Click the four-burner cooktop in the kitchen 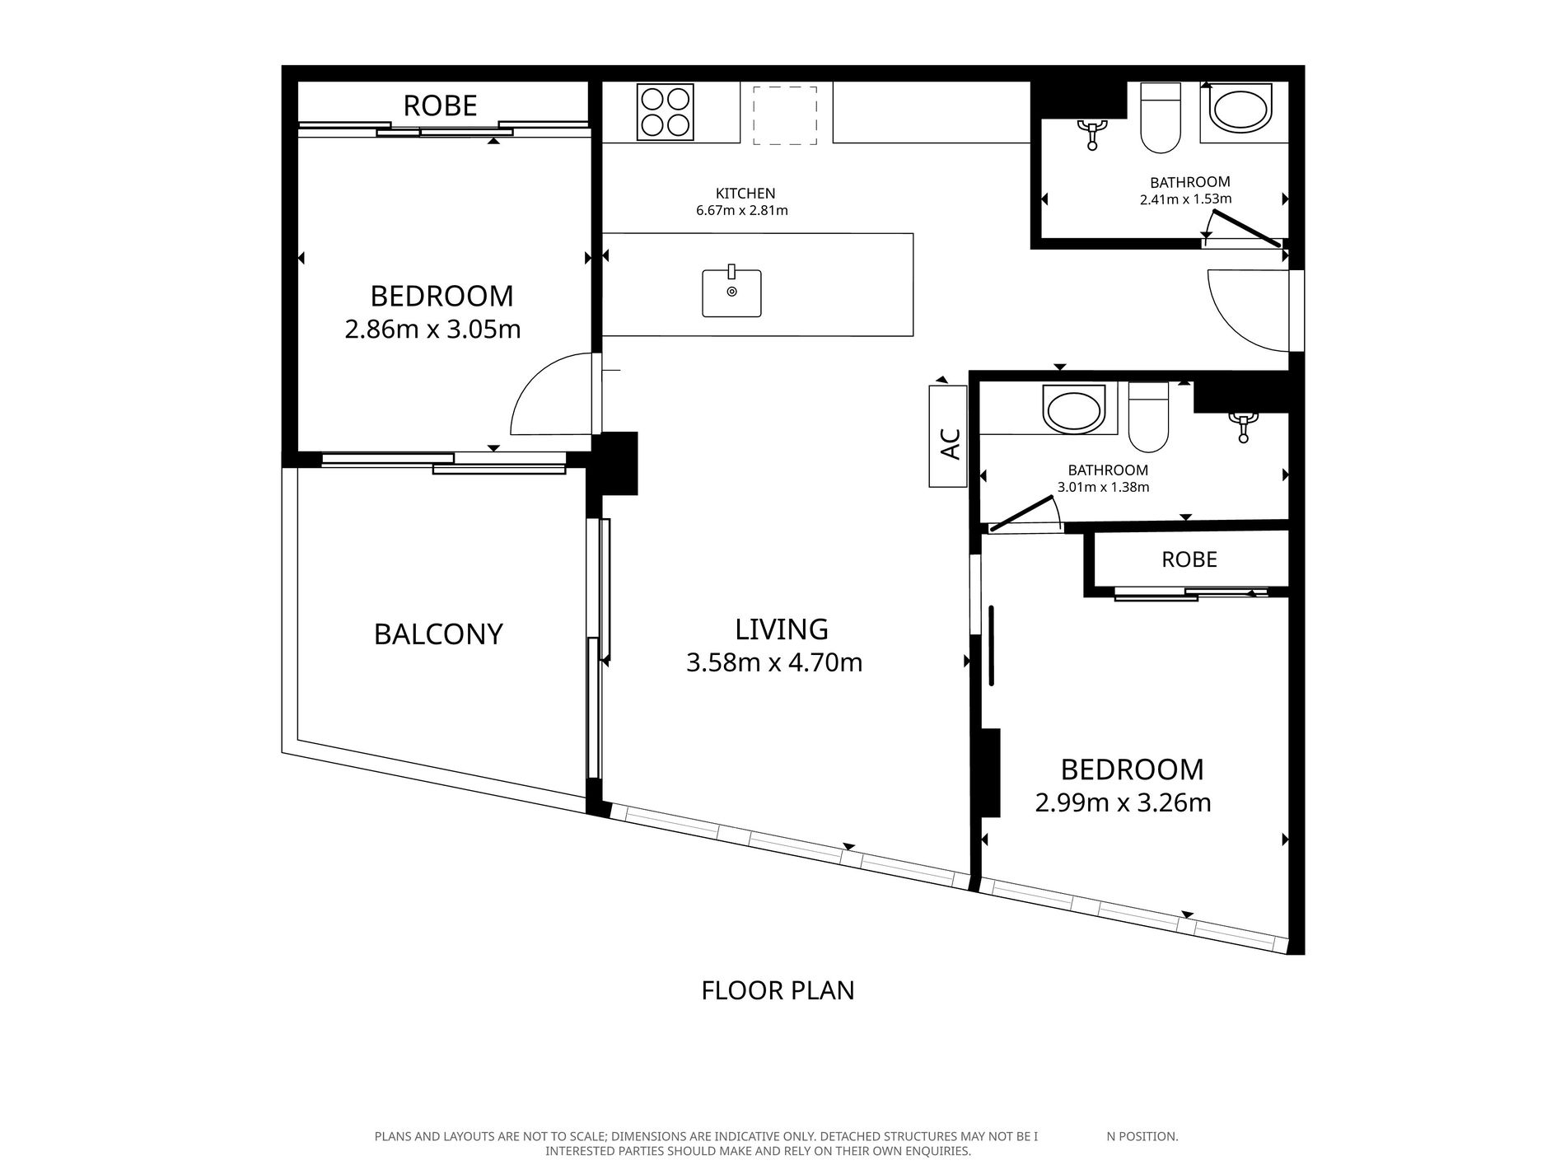[x=664, y=113]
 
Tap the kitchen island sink [x=731, y=292]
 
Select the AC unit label [x=950, y=445]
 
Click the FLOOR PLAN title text [x=778, y=989]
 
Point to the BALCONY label [x=438, y=634]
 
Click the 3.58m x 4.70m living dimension [x=774, y=662]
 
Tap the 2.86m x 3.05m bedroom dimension [x=433, y=330]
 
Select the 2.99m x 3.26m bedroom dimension [x=1124, y=802]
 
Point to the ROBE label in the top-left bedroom [x=441, y=105]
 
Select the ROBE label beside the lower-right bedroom [x=1189, y=559]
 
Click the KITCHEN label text [x=745, y=194]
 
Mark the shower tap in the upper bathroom [x=1092, y=133]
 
